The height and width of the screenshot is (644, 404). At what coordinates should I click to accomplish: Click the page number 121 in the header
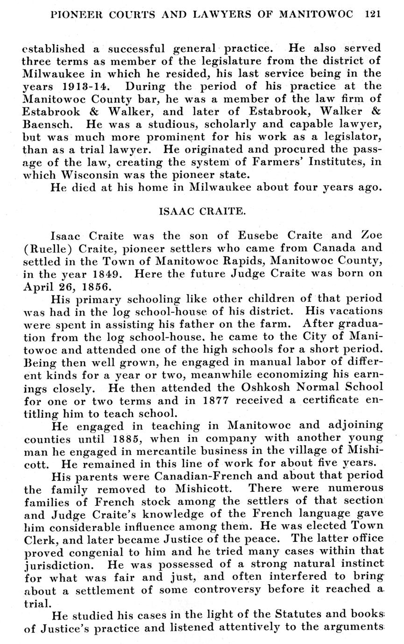(x=373, y=14)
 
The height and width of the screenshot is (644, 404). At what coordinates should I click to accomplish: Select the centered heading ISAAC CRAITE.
(x=202, y=211)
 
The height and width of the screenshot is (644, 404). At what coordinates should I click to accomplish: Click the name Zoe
(x=371, y=236)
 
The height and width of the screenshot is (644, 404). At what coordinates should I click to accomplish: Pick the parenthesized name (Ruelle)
(x=47, y=248)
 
